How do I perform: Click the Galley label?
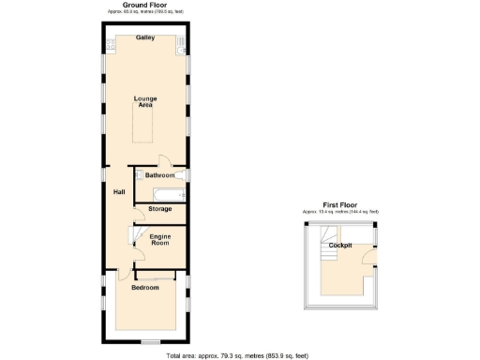coord(145,38)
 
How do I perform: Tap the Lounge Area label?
coord(145,101)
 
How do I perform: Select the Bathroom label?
coord(159,175)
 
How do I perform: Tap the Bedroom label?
coord(145,287)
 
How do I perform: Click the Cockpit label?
coord(340,245)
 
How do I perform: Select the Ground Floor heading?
coord(145,6)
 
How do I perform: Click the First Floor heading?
coord(340,203)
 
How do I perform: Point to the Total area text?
coord(237,355)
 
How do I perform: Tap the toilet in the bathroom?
coord(143,175)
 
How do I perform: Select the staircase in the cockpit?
coord(328,254)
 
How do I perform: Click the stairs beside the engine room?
coord(132,237)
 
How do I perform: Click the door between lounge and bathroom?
coord(163,161)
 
